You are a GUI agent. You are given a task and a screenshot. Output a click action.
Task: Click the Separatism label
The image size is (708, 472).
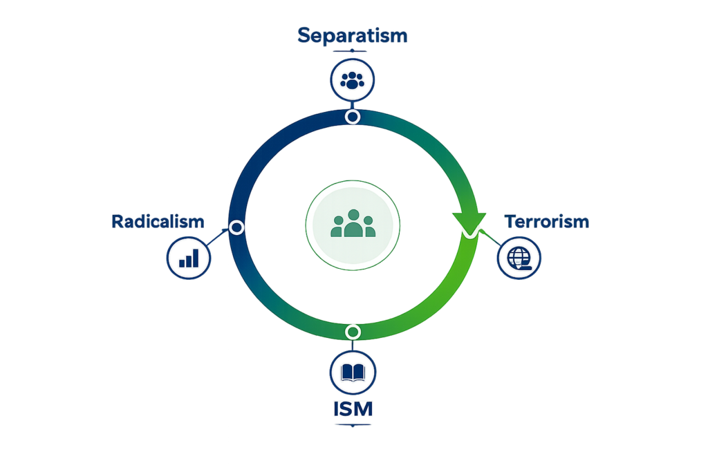[x=352, y=36]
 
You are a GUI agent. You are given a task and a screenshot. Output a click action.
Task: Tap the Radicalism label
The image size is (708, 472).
[x=158, y=222]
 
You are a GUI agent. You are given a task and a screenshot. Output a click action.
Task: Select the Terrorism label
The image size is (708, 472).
[x=547, y=222]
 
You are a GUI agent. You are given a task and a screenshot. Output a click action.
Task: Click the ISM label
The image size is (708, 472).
[x=353, y=409]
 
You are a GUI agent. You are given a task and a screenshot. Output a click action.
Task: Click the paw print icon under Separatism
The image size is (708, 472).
[x=352, y=80]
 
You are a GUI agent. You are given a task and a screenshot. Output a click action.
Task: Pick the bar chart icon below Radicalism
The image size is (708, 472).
[x=189, y=258]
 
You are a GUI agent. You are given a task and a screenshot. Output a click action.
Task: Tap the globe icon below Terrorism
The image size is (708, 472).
[x=519, y=258]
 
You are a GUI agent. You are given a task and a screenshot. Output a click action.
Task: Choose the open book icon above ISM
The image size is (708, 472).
[x=353, y=372]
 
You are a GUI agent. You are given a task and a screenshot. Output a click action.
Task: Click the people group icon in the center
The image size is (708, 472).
[x=353, y=223]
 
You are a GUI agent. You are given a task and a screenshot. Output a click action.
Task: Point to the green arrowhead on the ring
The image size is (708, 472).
[x=469, y=223]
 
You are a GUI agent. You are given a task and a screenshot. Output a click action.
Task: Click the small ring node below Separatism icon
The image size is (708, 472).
[x=353, y=117]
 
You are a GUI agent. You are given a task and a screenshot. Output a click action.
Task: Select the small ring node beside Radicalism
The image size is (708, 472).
[x=236, y=227]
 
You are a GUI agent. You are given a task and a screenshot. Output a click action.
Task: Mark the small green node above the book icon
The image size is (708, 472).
[x=353, y=332]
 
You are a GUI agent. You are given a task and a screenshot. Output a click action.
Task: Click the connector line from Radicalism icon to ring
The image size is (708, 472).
[x=216, y=237]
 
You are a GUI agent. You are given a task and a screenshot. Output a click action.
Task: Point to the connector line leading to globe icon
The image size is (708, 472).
[x=491, y=238]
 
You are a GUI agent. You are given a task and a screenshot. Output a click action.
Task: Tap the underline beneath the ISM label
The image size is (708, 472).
[x=353, y=425]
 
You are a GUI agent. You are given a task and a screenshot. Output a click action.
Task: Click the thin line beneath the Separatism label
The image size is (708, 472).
[x=352, y=51]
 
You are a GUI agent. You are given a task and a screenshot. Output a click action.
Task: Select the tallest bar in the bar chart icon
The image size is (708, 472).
[x=195, y=258]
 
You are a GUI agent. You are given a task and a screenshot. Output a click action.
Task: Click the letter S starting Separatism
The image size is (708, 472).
[x=304, y=36]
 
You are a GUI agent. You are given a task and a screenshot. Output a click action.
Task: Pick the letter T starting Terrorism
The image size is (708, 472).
[x=511, y=222]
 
